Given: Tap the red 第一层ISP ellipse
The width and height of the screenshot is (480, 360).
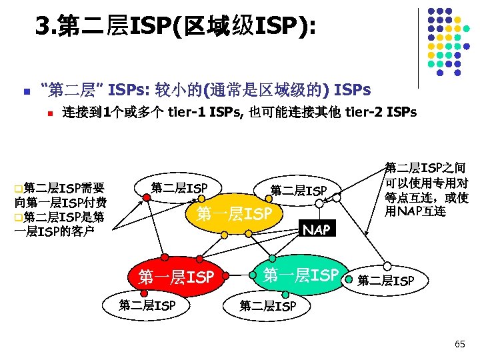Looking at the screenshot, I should tap(175, 276).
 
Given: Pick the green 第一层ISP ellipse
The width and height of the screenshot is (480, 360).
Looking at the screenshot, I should tap(301, 274).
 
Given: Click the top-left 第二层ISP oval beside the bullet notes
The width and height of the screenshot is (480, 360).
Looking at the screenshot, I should tap(179, 188).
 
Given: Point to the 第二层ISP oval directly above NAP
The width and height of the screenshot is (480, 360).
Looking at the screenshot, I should tap(298, 191).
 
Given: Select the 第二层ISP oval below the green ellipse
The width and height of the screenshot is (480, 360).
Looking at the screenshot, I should tap(267, 307).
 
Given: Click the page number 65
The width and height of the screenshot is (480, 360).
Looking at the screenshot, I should tap(459, 344).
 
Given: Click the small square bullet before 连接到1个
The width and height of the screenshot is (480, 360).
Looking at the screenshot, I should tap(49, 113).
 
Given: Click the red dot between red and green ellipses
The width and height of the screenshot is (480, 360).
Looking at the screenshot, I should tap(227, 274).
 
